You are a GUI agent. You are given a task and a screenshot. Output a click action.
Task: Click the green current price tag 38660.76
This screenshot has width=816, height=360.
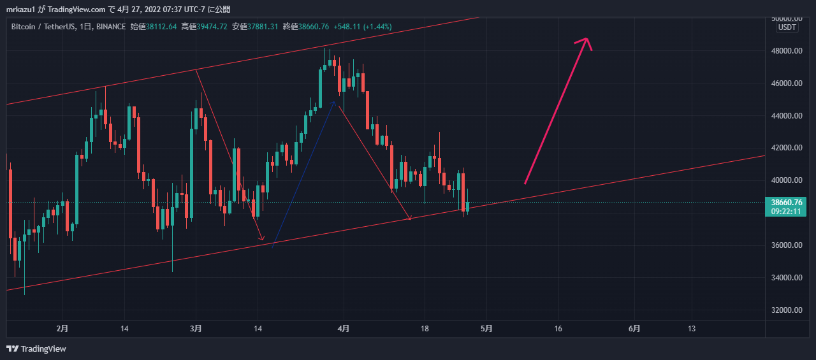pos(788,203)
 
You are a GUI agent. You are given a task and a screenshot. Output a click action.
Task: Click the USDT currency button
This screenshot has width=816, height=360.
pos(787,27)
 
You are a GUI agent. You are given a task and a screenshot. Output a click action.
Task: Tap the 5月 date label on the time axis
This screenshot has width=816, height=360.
pos(486,329)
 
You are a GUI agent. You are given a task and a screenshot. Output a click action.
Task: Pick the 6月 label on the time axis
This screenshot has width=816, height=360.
pos(634,329)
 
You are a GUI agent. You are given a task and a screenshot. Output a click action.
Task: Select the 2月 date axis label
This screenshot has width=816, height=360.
pos(62,329)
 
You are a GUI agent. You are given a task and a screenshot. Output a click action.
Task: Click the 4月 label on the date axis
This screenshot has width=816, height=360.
pos(344,329)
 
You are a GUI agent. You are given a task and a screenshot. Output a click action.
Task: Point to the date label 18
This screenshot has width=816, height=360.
pos(424,329)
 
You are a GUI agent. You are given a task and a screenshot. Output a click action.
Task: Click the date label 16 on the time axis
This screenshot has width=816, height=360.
pos(558,329)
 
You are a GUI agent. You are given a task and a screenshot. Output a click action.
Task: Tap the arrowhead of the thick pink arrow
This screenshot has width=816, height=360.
pos(586,41)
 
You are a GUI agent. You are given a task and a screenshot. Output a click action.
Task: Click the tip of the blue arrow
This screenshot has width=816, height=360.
pos(333,101)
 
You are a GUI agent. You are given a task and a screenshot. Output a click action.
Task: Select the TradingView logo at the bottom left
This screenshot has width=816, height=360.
pos(36,349)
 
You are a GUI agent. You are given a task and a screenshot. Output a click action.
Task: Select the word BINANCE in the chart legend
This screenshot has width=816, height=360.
pos(111,27)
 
